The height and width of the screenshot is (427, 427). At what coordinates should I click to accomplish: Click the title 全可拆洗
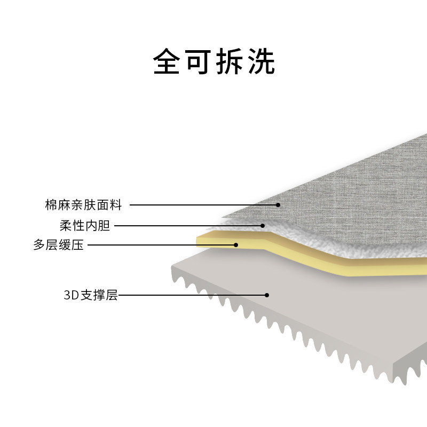(x=213, y=62)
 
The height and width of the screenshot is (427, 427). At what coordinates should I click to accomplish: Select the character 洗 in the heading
(x=261, y=62)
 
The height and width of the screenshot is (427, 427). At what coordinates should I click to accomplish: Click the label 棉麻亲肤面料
(x=84, y=205)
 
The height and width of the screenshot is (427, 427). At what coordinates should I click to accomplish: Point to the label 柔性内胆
(x=85, y=226)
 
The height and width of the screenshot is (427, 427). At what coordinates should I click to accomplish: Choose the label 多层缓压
(x=58, y=246)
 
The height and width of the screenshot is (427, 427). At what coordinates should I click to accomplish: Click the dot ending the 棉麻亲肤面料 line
(x=278, y=205)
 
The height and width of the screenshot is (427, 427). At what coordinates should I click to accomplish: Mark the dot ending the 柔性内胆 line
(x=263, y=226)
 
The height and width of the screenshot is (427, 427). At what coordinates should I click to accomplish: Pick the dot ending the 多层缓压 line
(x=236, y=245)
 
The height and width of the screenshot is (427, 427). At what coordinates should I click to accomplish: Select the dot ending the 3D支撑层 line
(x=267, y=295)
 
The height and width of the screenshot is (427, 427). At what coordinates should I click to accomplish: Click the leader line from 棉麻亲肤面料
(x=203, y=205)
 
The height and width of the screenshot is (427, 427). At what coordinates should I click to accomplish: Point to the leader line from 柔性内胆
(x=187, y=226)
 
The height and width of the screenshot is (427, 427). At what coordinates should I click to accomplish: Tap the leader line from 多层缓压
(x=160, y=246)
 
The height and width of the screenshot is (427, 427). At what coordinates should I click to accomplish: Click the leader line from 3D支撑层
(x=192, y=295)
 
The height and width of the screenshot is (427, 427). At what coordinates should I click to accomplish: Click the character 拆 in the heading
(x=230, y=62)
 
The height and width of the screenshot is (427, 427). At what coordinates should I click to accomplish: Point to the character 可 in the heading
(x=198, y=62)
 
